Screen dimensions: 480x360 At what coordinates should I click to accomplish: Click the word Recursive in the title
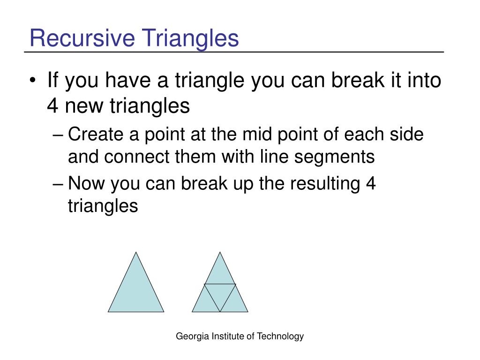coord(82,38)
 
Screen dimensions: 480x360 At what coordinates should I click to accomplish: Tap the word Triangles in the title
coord(190,39)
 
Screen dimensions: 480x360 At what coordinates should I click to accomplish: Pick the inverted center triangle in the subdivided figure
coord(220,293)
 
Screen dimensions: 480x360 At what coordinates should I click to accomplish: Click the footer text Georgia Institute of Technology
coord(240,337)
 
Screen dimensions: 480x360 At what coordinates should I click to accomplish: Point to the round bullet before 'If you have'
coord(33,81)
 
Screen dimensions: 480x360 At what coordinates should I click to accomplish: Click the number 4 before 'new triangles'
coord(52,106)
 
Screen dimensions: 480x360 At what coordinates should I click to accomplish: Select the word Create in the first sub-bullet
coord(96,135)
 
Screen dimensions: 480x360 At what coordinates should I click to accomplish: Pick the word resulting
coord(325,184)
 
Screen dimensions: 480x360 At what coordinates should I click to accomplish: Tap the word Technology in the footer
coord(280,337)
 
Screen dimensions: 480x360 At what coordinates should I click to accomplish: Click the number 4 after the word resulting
coord(370,183)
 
